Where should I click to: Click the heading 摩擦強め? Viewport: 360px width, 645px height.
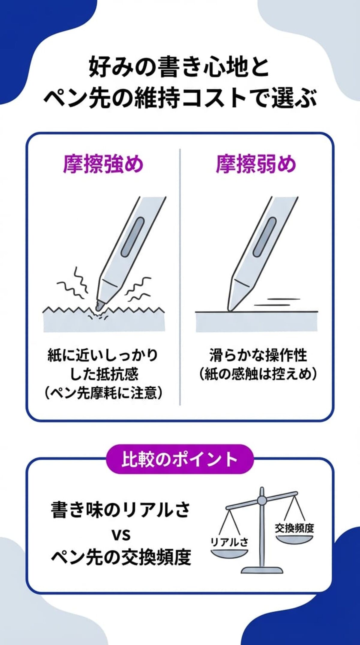103,164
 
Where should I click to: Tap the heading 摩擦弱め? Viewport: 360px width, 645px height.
256,164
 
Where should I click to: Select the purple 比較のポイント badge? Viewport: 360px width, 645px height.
180,459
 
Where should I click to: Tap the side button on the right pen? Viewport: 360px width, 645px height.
265,237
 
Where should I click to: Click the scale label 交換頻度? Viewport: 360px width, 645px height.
294,528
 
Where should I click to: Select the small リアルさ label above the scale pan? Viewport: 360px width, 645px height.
229,542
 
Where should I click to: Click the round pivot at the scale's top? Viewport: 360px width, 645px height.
262,500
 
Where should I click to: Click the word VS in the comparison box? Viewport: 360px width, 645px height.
121,534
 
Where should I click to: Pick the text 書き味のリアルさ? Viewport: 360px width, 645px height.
121,510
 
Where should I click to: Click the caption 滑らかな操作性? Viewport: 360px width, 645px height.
258,355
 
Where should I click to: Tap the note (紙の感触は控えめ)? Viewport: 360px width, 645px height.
258,374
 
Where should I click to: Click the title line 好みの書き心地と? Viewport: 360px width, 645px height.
179,67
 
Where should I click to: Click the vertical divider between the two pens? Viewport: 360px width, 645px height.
180,276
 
